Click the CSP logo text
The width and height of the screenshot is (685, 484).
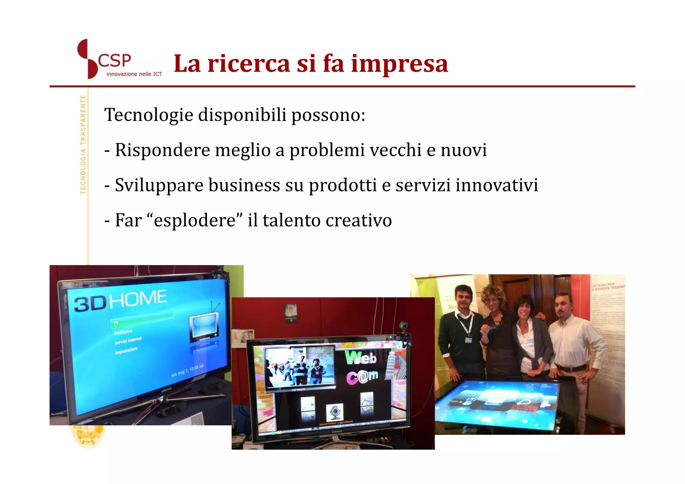(114, 61)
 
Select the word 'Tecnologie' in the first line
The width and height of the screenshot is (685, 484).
(149, 115)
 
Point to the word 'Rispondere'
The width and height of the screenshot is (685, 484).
(162, 150)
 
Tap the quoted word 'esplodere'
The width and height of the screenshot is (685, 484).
(195, 220)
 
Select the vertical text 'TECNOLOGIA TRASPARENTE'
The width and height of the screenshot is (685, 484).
(83, 144)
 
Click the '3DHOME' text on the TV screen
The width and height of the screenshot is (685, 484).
(120, 300)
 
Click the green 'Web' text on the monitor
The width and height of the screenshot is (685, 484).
(361, 358)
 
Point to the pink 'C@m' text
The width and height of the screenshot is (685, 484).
(362, 377)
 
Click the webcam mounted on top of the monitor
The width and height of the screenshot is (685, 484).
(404, 326)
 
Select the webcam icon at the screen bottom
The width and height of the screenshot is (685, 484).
(334, 412)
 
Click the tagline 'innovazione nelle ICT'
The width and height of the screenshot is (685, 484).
(134, 74)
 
